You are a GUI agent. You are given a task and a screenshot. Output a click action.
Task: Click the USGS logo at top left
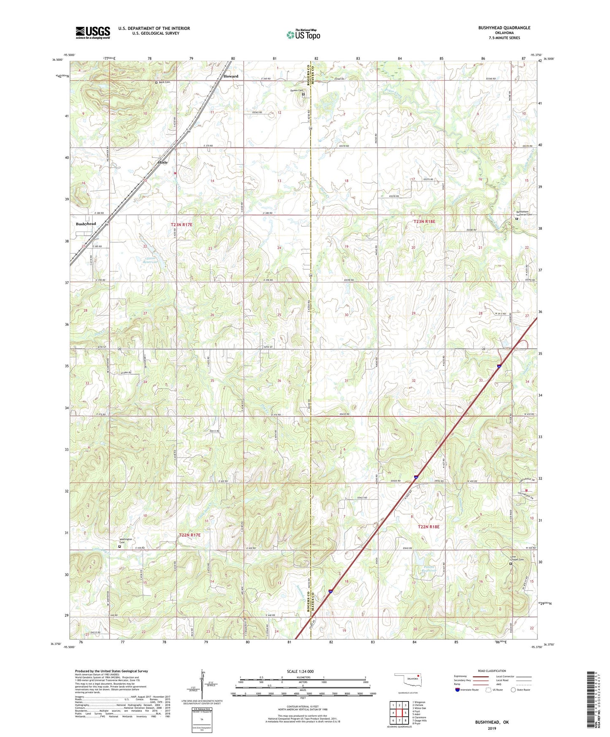(93, 32)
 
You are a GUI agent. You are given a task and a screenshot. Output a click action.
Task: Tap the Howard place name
(231, 76)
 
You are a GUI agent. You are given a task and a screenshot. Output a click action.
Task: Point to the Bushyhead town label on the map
(86, 224)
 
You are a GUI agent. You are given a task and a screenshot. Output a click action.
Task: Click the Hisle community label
(163, 162)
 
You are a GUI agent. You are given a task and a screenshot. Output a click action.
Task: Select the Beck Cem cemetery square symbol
(156, 82)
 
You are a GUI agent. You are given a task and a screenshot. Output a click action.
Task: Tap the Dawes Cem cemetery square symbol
(304, 95)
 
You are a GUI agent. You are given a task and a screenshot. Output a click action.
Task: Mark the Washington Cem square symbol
(119, 546)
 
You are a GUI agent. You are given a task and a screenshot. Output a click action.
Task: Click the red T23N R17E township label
(182, 225)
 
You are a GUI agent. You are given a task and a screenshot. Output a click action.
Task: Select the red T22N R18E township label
(428, 526)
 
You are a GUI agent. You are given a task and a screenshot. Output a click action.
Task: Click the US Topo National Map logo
(303, 35)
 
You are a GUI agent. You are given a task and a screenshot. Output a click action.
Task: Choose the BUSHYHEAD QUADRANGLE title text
(504, 28)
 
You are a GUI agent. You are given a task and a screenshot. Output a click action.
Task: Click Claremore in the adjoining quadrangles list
(420, 717)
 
